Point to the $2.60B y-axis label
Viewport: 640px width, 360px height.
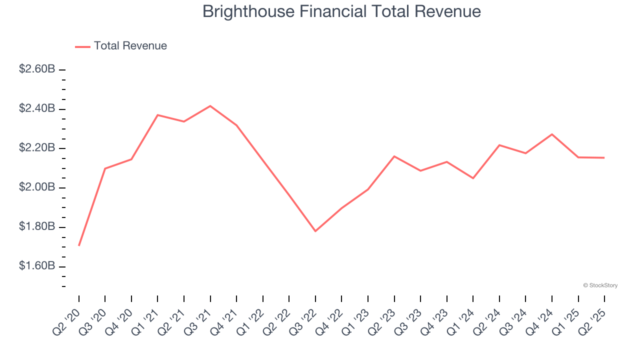point(37,69)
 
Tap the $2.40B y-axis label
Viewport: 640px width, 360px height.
point(37,109)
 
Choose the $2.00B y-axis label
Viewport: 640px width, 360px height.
point(37,187)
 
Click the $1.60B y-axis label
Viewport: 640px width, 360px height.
point(37,266)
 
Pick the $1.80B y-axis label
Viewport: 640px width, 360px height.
point(37,227)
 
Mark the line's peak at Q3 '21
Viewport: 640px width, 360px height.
point(210,106)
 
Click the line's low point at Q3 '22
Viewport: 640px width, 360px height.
point(315,231)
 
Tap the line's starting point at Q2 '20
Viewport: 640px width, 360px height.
point(79,245)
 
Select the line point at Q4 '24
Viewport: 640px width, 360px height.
point(552,134)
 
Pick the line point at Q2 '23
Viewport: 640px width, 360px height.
point(394,156)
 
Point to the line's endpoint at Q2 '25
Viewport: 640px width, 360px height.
point(604,158)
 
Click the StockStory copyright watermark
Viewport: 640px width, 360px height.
point(600,285)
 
